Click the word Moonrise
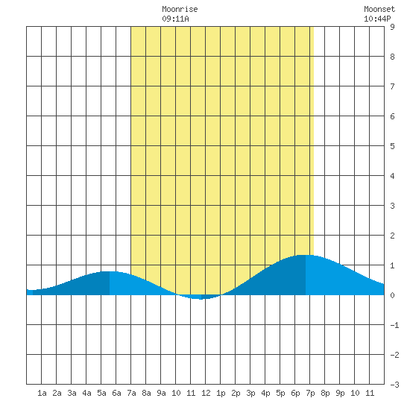coord(180,9)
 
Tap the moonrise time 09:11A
coord(175,19)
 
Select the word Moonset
coord(379,9)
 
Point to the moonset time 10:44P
coord(377,19)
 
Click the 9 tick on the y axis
coord(392,27)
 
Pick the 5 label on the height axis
coord(392,146)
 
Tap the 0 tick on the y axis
coord(392,295)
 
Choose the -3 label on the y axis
coord(394,385)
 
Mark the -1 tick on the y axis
coord(394,325)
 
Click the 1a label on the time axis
coord(42,393)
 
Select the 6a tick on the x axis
coord(116,393)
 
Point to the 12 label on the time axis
coord(206,393)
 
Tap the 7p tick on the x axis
coord(310,393)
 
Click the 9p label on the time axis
coord(340,393)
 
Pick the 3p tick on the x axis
coord(250,393)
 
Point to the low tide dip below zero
coord(201,299)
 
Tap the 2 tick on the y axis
coord(392,236)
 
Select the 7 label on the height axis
coord(392,86)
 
